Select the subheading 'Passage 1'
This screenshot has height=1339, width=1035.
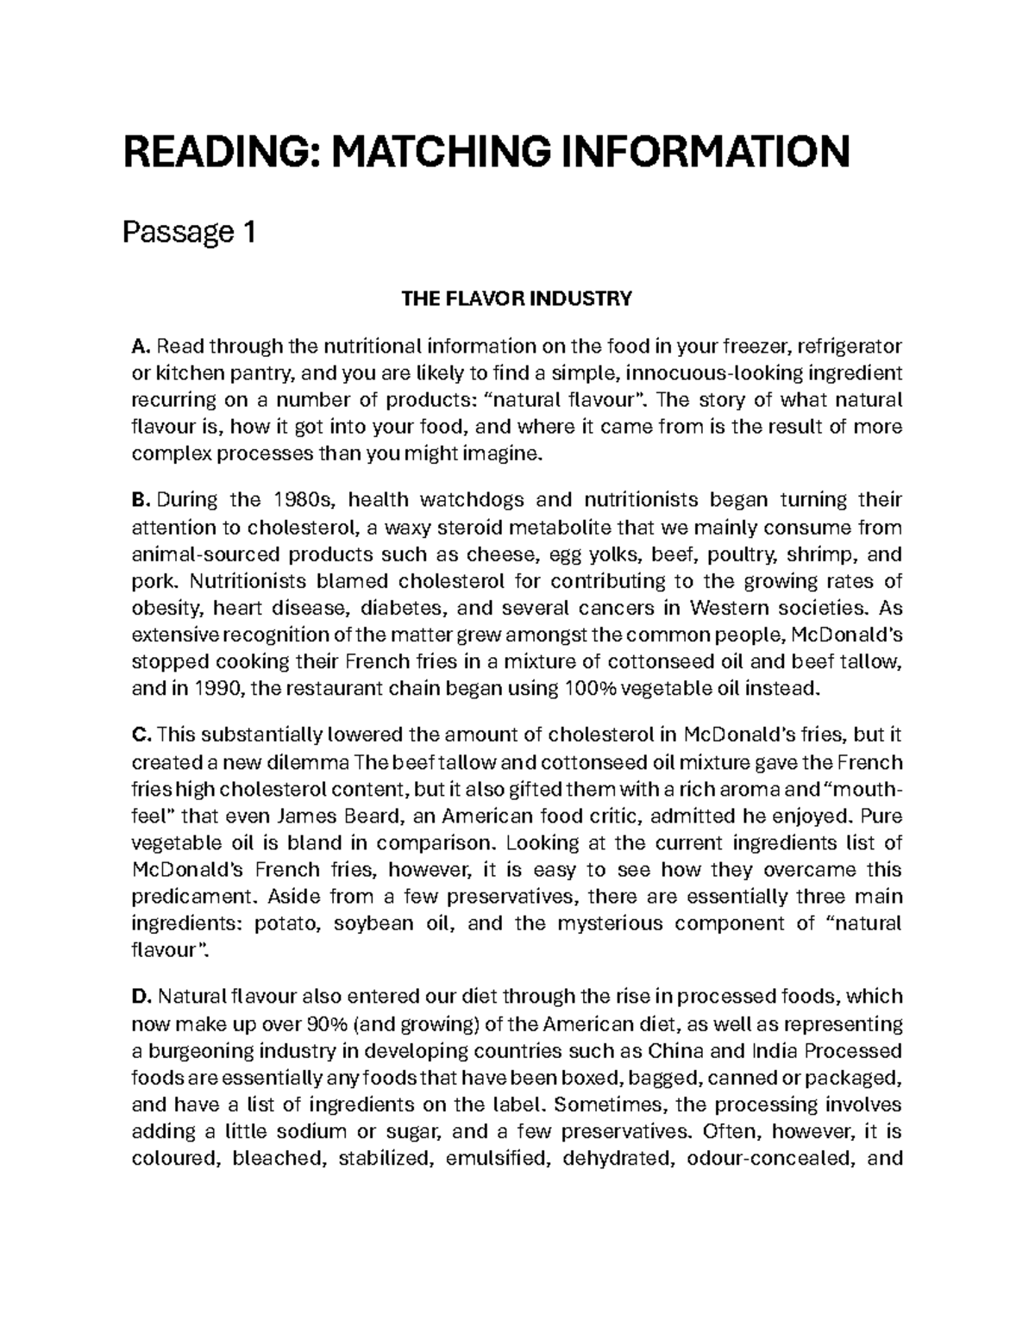pyautogui.click(x=189, y=232)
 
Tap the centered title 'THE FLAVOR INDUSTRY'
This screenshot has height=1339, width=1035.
pyautogui.click(x=517, y=299)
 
